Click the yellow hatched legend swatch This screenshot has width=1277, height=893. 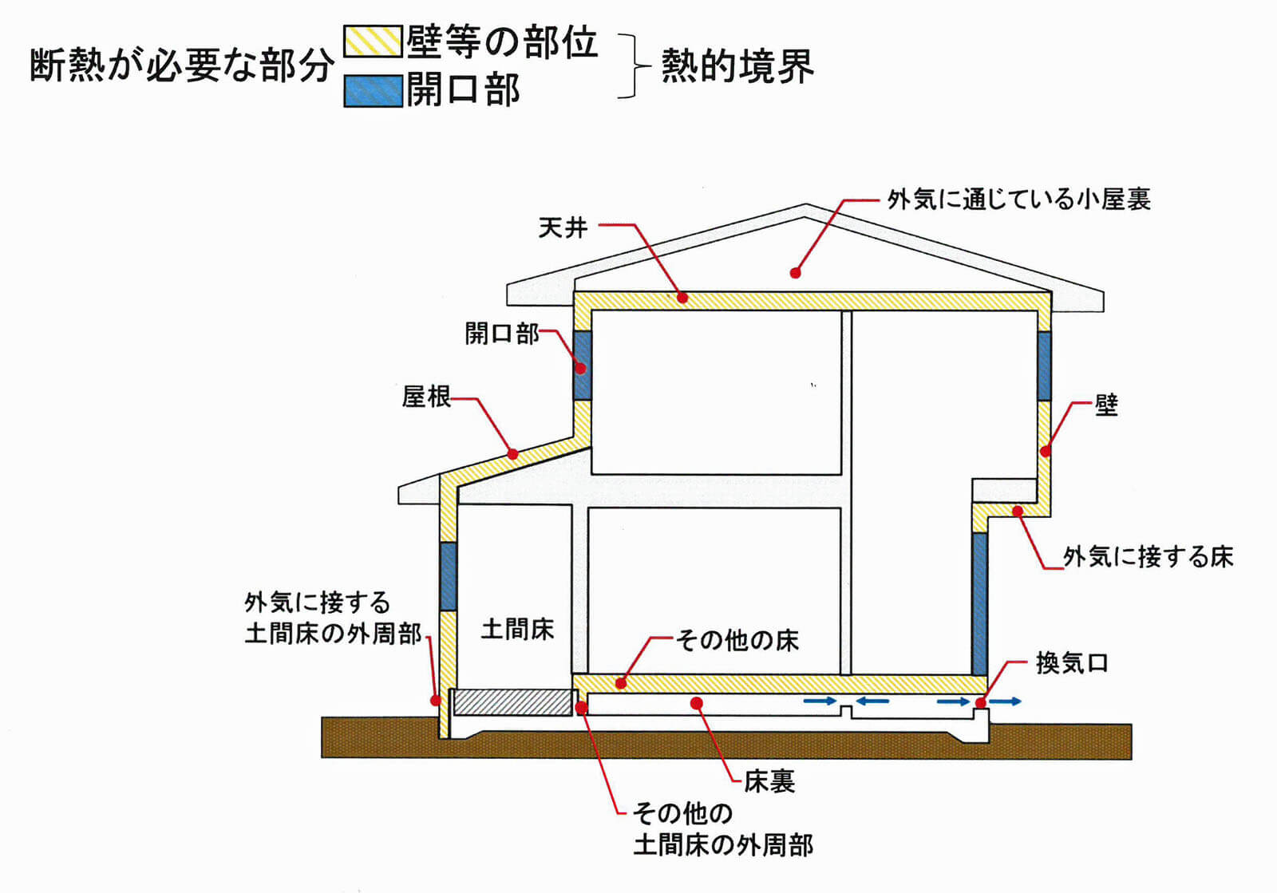(x=372, y=41)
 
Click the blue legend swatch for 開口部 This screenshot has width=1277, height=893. (x=372, y=90)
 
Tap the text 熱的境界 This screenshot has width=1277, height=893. (x=737, y=66)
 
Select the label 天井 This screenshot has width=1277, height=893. (x=563, y=228)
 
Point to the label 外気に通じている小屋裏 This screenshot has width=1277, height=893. (x=1018, y=200)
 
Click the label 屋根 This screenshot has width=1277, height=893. (x=426, y=397)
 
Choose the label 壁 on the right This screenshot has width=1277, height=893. (x=1106, y=405)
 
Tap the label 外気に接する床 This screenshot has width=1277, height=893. (x=1148, y=556)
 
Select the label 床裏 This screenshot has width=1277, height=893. (x=769, y=781)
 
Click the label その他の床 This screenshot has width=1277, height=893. (x=737, y=640)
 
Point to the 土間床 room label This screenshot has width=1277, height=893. (x=517, y=630)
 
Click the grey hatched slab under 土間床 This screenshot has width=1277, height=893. (x=512, y=702)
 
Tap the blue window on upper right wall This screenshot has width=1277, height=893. (x=1044, y=365)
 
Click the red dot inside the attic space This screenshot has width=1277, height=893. (x=795, y=273)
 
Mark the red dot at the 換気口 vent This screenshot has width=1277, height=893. (x=980, y=703)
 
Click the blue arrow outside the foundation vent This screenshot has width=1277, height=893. (x=1006, y=701)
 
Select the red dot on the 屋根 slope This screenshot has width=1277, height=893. (x=512, y=454)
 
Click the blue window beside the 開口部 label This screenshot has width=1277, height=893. (x=583, y=365)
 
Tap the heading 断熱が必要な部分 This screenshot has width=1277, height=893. (x=181, y=66)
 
